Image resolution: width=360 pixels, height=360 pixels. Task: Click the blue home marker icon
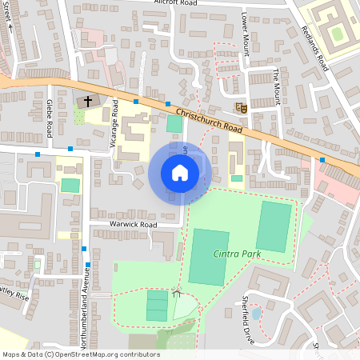[x=180, y=173]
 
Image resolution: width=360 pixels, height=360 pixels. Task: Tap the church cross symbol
[x=88, y=102]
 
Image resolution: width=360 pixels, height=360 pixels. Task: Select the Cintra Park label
[x=237, y=254]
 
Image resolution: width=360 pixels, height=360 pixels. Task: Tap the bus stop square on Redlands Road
[x=322, y=160]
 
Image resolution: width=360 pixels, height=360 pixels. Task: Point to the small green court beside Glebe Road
[x=71, y=186]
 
